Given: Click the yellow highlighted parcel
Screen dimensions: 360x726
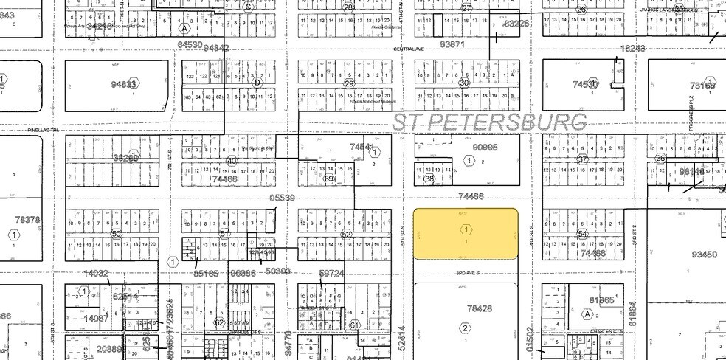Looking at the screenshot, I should [x=465, y=233].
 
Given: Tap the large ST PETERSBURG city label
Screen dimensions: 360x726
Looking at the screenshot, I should [x=490, y=121].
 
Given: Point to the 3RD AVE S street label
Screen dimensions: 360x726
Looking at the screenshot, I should [x=468, y=272].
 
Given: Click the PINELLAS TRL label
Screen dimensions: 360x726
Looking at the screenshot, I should [x=42, y=130].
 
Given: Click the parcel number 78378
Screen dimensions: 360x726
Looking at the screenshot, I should [x=28, y=220].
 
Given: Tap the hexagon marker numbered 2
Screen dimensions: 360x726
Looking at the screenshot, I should [x=466, y=328].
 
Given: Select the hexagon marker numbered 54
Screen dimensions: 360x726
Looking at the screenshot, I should [x=583, y=234].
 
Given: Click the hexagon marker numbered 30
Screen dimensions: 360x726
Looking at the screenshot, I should [x=464, y=83].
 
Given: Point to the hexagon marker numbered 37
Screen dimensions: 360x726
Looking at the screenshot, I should [x=583, y=159].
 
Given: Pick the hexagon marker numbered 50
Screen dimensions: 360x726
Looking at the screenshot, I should [x=116, y=234].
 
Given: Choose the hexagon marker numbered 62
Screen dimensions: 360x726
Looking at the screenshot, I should [x=218, y=322].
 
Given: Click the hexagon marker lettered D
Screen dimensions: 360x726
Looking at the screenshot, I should [x=257, y=83].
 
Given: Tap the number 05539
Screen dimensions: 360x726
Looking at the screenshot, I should [x=282, y=198].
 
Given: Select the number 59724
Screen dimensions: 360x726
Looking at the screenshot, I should [x=332, y=274].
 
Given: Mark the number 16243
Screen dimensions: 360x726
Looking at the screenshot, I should [x=633, y=49].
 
